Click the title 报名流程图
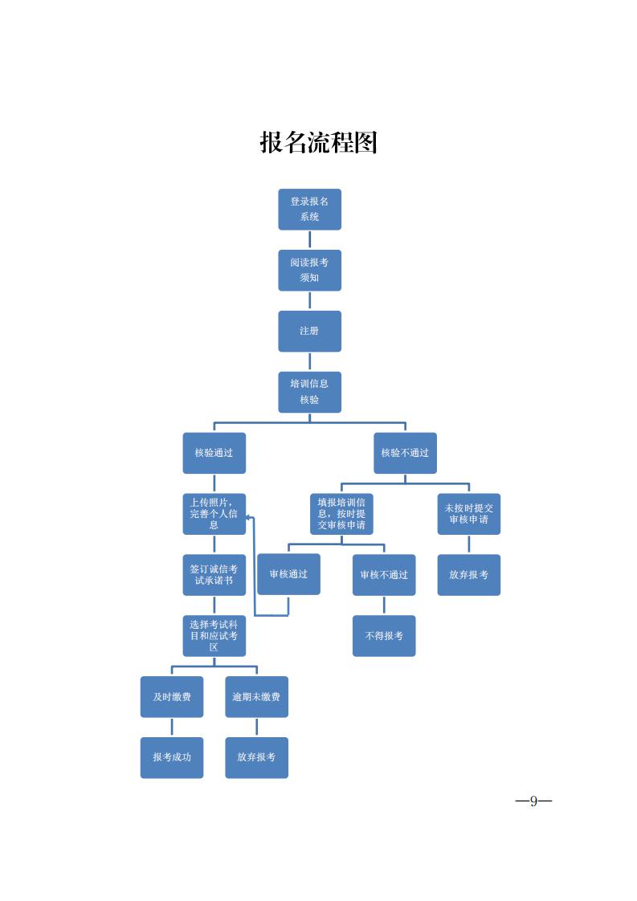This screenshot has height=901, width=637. pos(318,143)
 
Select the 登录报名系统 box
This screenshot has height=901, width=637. pos(309,209)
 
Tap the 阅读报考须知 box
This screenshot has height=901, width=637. pos(309,270)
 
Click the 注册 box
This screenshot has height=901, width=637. pos(309,331)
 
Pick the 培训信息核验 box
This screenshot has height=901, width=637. pos(309,392)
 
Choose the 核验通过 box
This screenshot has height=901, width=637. pos(214,453)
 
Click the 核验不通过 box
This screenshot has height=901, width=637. pos(405,453)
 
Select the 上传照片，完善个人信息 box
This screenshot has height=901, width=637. pos(214,514)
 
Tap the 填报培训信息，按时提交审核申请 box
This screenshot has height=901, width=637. pos(341,514)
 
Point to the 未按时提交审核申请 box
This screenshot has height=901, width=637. pos(468,514)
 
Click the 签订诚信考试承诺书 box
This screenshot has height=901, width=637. pos(214,575)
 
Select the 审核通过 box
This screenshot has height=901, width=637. pos(288,574)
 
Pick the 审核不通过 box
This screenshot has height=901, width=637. pos(384,575)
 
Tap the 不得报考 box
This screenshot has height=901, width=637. pos(384,636)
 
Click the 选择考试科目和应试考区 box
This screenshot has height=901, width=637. pos(214,636)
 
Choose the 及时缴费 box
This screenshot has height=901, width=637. pos(172,697)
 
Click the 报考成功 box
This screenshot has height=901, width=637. pos(172,757)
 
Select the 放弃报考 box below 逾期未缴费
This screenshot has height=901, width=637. pos(256,757)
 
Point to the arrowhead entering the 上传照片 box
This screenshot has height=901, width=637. pos(250,517)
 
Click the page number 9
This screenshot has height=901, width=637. pos(533,801)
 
